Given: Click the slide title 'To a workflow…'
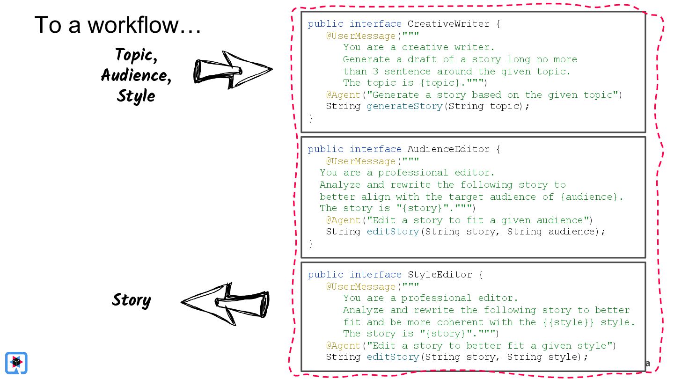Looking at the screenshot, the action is tap(117, 25).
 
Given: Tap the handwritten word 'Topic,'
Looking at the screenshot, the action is tap(136, 55).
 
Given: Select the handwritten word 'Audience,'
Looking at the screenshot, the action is tap(136, 75).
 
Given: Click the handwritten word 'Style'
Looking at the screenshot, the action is tap(136, 95).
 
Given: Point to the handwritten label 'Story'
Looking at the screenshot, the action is tap(131, 300).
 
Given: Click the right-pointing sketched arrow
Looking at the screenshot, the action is tap(233, 70).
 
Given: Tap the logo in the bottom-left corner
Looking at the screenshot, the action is tap(16, 363).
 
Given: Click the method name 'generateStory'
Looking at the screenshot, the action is tap(404, 106).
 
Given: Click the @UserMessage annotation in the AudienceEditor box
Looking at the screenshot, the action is tap(361, 161).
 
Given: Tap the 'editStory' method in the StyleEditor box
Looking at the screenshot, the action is tap(392, 357).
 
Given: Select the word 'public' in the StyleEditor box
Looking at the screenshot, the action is tap(325, 275).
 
